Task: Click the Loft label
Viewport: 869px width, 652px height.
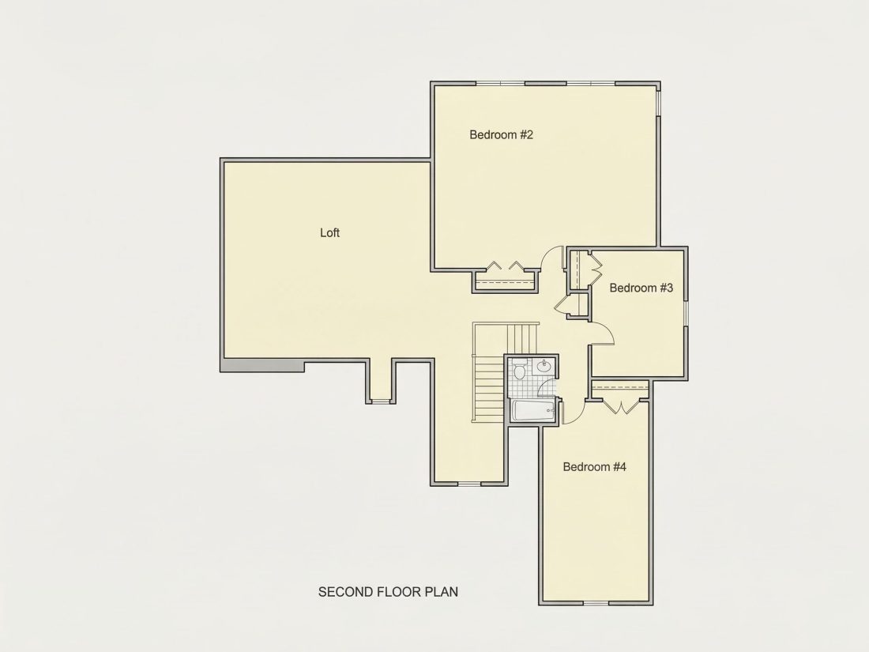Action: pyautogui.click(x=329, y=233)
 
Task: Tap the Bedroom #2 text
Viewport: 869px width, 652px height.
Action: pyautogui.click(x=501, y=134)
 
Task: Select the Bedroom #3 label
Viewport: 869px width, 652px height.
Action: pyautogui.click(x=641, y=288)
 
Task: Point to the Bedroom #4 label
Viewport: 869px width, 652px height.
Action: pyautogui.click(x=594, y=467)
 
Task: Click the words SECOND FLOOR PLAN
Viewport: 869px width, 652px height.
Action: pyautogui.click(x=388, y=592)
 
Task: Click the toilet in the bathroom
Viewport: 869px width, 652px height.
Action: pyautogui.click(x=520, y=369)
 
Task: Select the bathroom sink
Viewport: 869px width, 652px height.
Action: pyautogui.click(x=544, y=365)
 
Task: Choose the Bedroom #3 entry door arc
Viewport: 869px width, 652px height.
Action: pyautogui.click(x=606, y=330)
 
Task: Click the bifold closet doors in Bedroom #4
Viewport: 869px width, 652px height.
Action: pyautogui.click(x=625, y=407)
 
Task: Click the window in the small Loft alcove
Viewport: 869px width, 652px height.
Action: pyautogui.click(x=380, y=401)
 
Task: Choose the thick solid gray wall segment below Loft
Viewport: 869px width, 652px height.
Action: pyautogui.click(x=263, y=365)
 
